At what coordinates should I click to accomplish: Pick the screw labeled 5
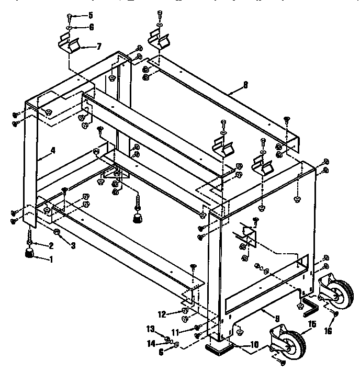click(70, 17)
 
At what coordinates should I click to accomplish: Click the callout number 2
click(51, 246)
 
